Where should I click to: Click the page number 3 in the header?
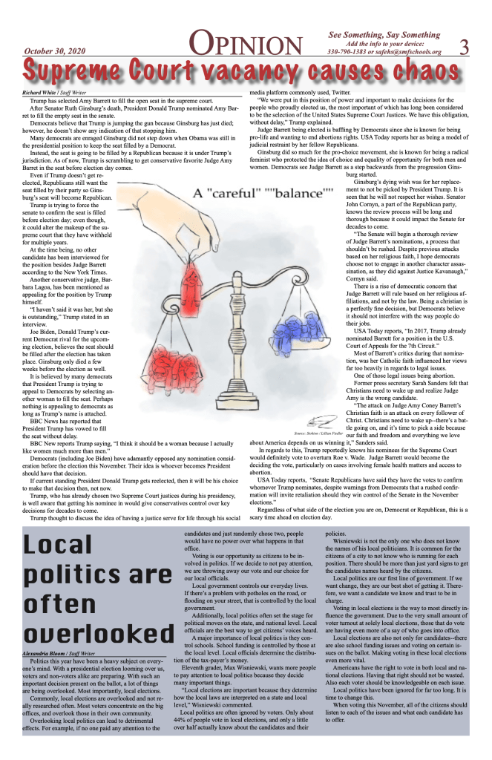coord(465,46)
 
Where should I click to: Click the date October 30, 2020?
coord(56,51)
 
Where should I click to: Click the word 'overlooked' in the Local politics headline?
coord(94,632)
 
